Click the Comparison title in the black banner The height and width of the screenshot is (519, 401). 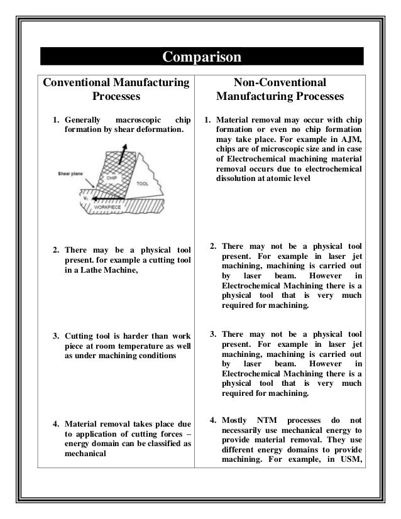tap(201, 57)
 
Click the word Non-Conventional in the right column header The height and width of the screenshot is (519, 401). tap(280, 82)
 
